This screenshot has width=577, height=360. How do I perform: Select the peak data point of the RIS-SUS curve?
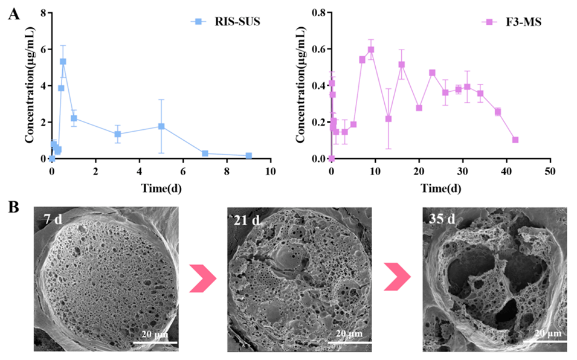(x=63, y=62)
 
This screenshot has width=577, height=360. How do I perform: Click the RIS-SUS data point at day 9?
(x=249, y=156)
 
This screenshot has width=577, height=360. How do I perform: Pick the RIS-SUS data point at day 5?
(x=161, y=126)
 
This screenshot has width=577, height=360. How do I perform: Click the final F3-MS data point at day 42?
(x=515, y=140)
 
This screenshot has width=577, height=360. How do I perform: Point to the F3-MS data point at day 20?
(x=419, y=108)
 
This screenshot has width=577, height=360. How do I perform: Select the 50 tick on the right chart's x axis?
(x=550, y=172)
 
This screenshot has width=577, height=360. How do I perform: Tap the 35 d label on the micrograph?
(x=442, y=220)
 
